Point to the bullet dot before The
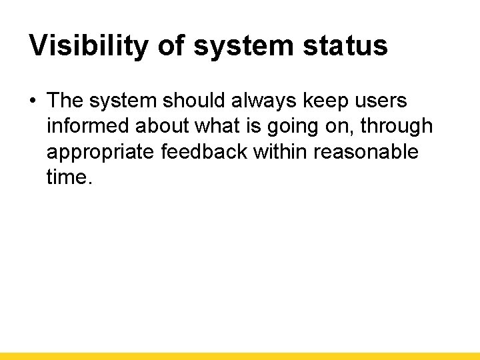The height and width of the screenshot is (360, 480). tap(33, 101)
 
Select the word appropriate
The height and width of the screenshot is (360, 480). tap(101, 153)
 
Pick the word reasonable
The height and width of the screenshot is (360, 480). tap(366, 152)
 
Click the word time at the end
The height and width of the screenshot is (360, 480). tap(66, 177)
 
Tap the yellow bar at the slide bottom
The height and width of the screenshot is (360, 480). tap(240, 356)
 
